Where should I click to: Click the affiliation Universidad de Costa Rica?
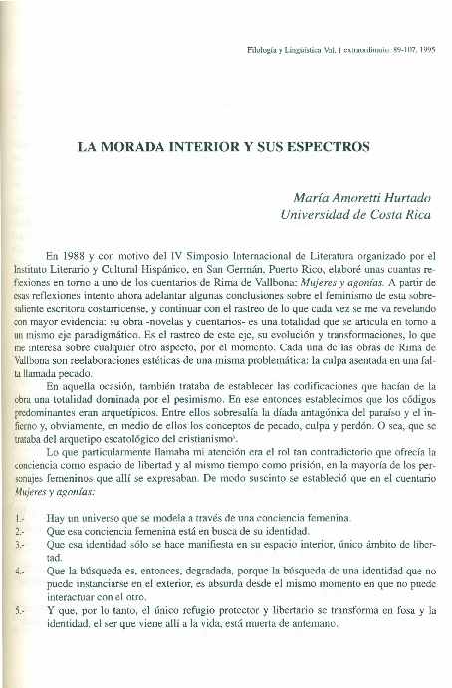coord(344,214)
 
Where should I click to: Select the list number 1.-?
coord(21,519)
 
